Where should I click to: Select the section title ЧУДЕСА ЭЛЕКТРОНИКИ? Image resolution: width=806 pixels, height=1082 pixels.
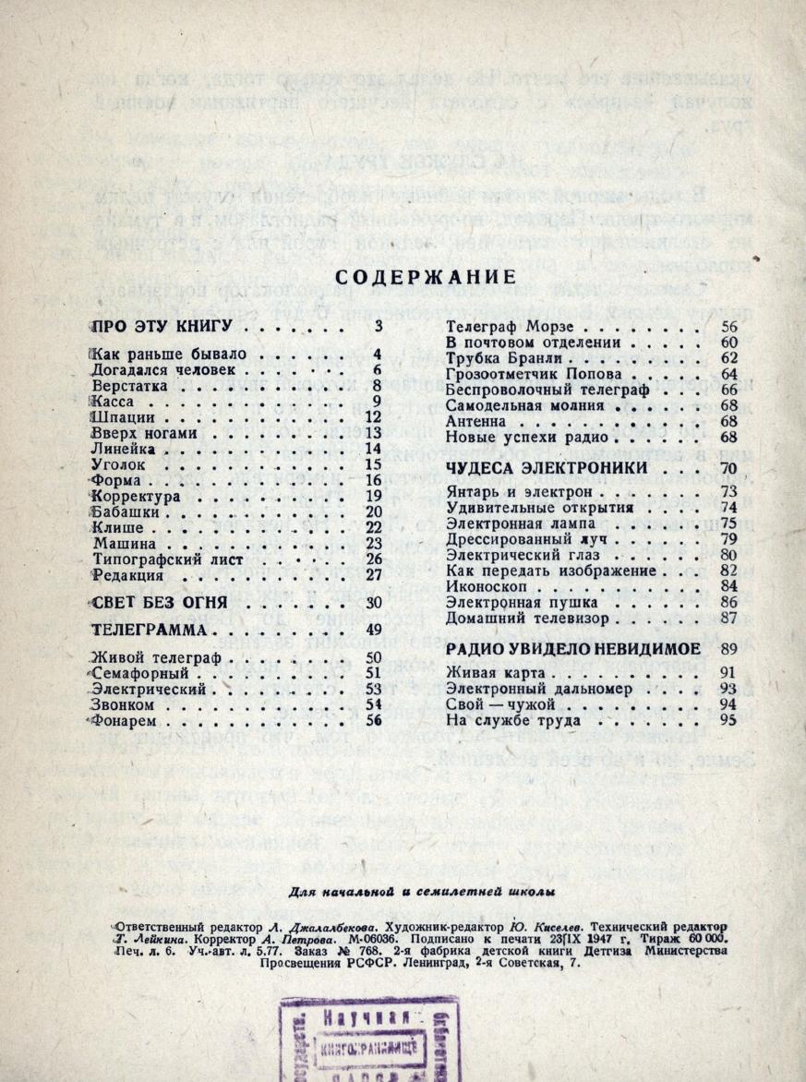point(546,468)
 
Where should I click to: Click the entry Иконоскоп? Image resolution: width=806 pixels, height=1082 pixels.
point(486,585)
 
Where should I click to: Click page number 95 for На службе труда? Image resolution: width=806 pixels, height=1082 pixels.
point(729,720)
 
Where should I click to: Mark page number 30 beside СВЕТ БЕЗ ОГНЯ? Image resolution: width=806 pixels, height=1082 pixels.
point(373,604)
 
